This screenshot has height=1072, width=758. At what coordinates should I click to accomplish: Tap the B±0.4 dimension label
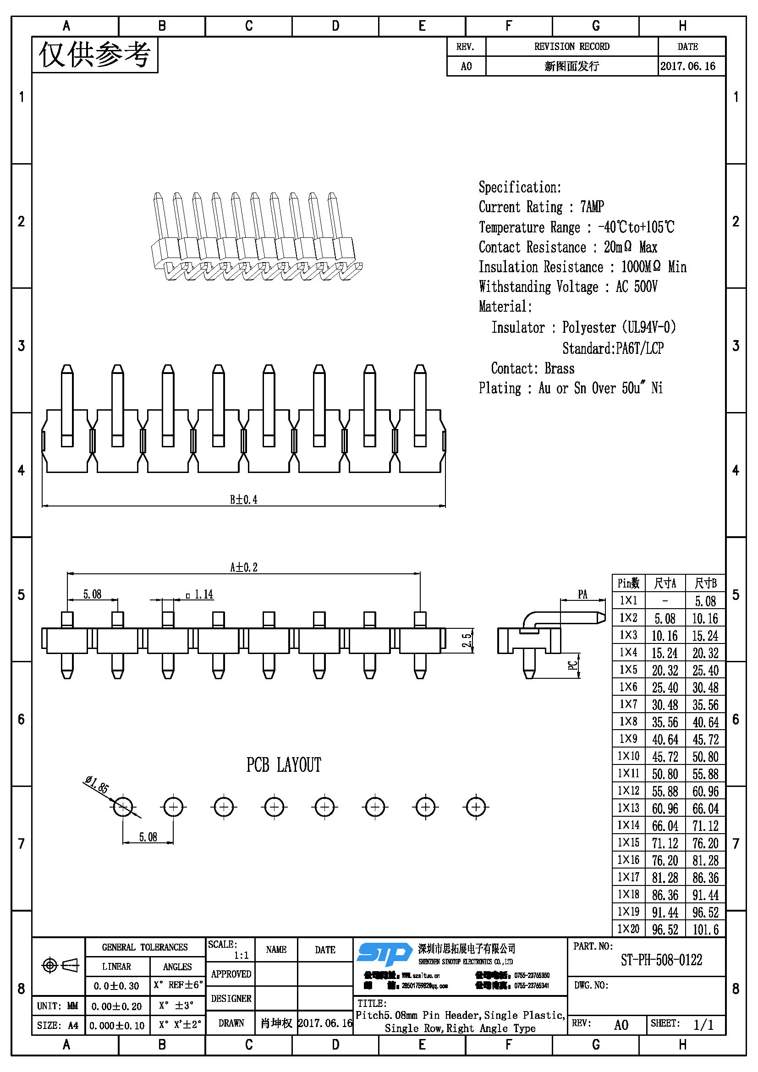[243, 500]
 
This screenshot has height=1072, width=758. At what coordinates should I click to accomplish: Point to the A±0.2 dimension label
[244, 567]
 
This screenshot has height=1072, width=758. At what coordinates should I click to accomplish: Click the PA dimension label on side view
[582, 594]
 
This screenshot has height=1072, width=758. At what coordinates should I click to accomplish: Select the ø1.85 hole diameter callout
[97, 784]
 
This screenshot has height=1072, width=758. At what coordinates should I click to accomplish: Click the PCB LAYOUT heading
[284, 765]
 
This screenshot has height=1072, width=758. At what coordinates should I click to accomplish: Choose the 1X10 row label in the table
[628, 756]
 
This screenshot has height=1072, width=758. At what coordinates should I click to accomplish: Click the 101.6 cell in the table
[705, 929]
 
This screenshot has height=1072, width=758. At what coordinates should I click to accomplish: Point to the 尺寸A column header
[665, 583]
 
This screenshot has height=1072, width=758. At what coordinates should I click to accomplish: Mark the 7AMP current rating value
[592, 206]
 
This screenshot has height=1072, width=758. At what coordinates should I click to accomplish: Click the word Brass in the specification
[559, 368]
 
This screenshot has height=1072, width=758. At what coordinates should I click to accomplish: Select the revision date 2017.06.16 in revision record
[687, 66]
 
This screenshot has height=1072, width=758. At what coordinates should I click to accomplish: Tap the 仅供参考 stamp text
[95, 55]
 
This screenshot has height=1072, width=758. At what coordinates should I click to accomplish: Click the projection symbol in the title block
[60, 965]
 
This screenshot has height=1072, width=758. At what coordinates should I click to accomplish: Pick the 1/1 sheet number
[703, 1025]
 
